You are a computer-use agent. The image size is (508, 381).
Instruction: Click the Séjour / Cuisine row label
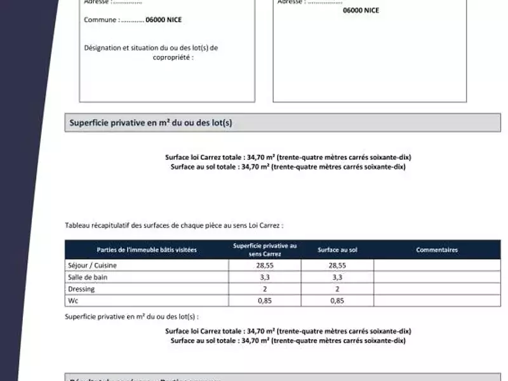[92, 265]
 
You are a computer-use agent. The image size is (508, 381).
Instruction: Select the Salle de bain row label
[86, 277]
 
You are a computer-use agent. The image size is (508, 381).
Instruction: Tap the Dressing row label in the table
[81, 289]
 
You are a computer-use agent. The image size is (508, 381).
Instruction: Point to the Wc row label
[72, 301]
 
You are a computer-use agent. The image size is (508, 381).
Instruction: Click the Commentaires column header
[437, 250]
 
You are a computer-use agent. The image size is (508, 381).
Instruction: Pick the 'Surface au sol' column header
[337, 250]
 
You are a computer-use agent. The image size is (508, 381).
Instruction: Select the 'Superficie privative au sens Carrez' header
[265, 250]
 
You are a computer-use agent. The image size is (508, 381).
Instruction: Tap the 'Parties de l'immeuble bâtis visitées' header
[147, 250]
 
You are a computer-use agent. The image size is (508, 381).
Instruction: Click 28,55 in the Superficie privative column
[265, 265]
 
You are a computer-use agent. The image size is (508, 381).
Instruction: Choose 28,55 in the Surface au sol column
[337, 265]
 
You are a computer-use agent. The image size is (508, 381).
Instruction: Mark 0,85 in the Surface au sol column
[337, 301]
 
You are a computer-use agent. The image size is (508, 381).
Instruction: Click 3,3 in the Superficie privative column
[265, 277]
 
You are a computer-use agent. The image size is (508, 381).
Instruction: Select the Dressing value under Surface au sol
[337, 289]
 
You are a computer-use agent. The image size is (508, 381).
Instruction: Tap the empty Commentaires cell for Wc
[437, 301]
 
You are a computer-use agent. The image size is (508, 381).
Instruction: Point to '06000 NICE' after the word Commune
[163, 20]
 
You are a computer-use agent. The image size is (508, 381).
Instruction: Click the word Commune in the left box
[100, 20]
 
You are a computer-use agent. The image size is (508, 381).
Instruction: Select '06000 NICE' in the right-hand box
[361, 10]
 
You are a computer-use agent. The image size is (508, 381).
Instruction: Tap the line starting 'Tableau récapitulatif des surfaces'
[174, 225]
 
